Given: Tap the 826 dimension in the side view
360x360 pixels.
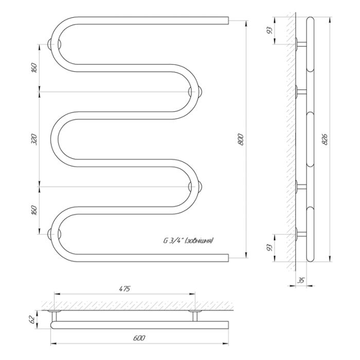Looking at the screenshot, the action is point(325,139).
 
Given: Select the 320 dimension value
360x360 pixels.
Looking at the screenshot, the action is point(33,139).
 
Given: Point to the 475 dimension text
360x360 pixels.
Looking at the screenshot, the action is point(124,289).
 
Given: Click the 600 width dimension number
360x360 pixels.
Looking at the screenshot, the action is point(139,338).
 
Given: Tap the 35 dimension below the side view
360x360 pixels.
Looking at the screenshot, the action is point(301,280).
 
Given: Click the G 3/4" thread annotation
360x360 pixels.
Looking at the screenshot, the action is point(188,241).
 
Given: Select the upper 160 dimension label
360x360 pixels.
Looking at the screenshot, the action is point(33,68).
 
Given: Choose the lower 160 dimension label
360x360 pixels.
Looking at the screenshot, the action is point(33,210).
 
